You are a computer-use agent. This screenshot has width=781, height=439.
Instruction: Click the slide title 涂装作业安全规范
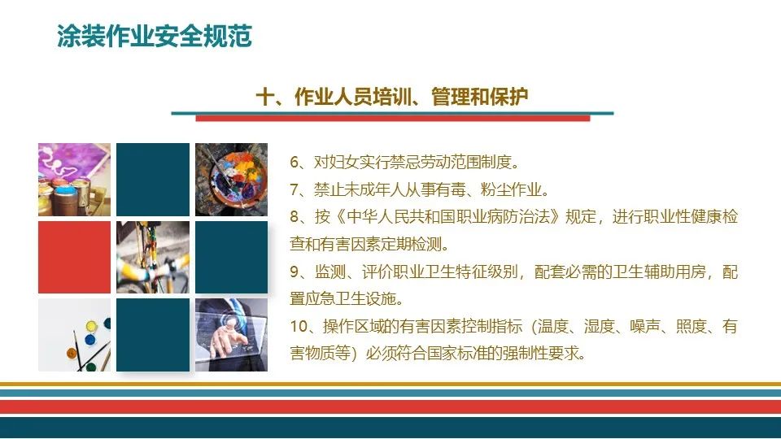point(155,37)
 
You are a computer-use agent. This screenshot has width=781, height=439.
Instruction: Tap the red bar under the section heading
point(392,119)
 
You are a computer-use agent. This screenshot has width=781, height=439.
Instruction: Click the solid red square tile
point(74,257)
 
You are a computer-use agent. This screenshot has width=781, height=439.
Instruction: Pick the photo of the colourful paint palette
point(231,180)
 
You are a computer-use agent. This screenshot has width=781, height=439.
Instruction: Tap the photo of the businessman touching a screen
point(231,334)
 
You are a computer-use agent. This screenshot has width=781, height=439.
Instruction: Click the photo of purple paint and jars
point(74,180)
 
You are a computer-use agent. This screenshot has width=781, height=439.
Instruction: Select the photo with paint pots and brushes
point(74,334)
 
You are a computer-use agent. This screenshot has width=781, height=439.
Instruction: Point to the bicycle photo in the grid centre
point(153,257)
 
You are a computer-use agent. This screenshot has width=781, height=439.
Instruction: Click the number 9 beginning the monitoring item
point(295,272)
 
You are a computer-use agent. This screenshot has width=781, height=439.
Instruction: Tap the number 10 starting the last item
point(299,327)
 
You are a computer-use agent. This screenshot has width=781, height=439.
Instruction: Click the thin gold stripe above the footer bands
point(390,384)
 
